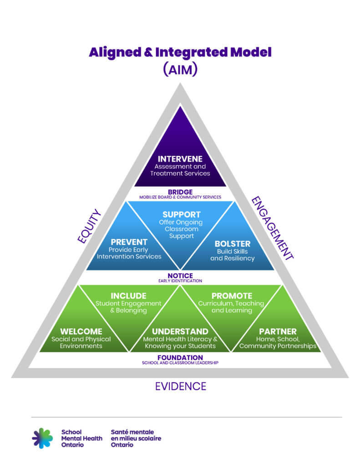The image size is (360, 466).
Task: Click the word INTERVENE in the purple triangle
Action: [x=180, y=159]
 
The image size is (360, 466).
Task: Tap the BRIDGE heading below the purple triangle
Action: [x=180, y=192]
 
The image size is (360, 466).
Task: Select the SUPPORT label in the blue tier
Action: [x=181, y=214]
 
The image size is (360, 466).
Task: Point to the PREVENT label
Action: [x=129, y=242]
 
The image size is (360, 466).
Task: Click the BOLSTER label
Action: [x=232, y=243]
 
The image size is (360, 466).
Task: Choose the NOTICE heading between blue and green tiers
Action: [x=180, y=276]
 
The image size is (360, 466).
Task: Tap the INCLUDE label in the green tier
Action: [x=128, y=296]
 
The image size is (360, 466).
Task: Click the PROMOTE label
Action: [x=232, y=296]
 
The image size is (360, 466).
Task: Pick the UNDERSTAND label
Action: [x=180, y=331]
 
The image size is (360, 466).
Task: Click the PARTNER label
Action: [x=278, y=331]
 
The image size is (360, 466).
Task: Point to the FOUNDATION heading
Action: [x=180, y=358]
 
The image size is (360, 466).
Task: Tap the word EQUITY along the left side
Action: [x=89, y=226]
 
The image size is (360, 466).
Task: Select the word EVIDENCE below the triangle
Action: [x=180, y=386]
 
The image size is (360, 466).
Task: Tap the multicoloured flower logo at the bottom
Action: [x=42, y=438]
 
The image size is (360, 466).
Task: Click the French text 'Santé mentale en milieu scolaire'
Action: [x=136, y=435]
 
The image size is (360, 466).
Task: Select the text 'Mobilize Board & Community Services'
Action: [x=180, y=198]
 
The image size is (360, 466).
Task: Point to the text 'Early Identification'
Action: [x=180, y=281]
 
